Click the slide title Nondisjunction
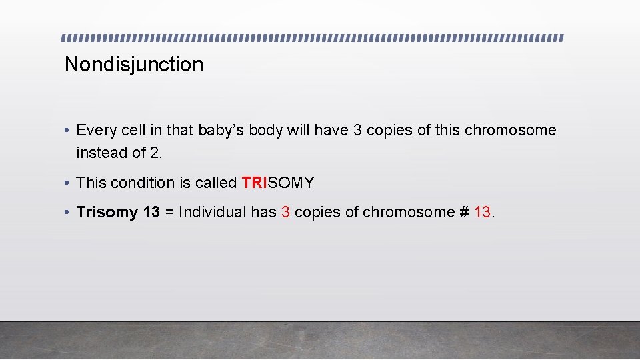[x=134, y=65]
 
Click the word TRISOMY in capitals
[x=278, y=183]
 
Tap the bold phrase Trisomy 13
[x=118, y=212]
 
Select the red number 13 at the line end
[x=483, y=212]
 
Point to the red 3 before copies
[x=286, y=212]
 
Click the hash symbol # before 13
[x=463, y=212]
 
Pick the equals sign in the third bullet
[x=169, y=212]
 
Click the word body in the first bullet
[x=265, y=130]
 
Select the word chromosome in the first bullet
[x=510, y=130]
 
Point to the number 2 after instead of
[x=155, y=153]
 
